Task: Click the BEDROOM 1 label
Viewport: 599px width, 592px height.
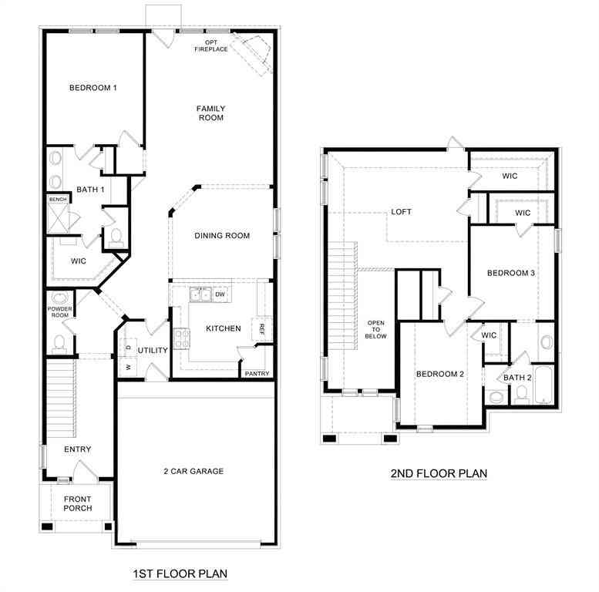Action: tap(93, 88)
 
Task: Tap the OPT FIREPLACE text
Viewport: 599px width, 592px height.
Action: tap(211, 45)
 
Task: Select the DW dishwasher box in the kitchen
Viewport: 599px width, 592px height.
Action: tap(220, 294)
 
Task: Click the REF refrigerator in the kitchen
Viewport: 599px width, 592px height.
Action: tap(261, 329)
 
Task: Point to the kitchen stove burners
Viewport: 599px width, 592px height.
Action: tap(181, 338)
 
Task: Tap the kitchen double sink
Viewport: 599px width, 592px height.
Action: tap(200, 294)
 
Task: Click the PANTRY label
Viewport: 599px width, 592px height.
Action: tap(257, 374)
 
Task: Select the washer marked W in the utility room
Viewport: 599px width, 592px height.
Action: tap(128, 367)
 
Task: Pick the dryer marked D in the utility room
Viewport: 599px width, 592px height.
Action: tap(128, 347)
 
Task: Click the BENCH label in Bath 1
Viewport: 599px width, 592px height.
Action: tap(58, 200)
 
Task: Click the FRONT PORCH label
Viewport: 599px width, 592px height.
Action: tap(78, 503)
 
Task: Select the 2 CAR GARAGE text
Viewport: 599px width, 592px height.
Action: tap(193, 471)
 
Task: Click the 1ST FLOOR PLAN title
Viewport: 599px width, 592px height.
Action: tap(180, 573)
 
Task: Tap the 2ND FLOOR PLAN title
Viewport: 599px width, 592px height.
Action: tap(439, 473)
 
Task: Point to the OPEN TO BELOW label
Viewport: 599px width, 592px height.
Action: tap(376, 329)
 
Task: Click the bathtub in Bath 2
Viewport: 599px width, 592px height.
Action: tap(543, 385)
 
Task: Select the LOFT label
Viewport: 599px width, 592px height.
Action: tap(401, 211)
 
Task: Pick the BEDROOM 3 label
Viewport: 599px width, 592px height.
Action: tap(511, 273)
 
